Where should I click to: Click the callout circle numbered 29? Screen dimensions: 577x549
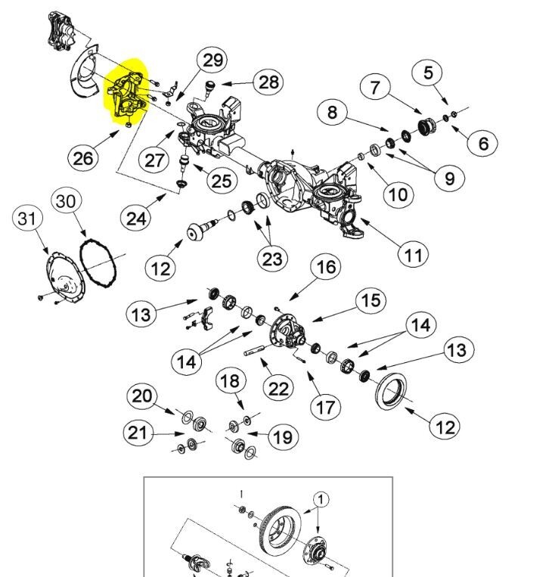(x=213, y=60)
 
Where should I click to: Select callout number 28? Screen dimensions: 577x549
(x=268, y=82)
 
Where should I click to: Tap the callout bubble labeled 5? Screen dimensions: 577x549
(x=428, y=73)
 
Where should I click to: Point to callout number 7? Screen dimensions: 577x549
(x=375, y=87)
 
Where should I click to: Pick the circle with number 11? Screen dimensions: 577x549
(x=412, y=254)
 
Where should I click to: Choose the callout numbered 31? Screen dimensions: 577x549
(x=27, y=219)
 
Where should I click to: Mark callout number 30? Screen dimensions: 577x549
(x=66, y=202)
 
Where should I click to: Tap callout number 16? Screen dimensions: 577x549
(x=324, y=267)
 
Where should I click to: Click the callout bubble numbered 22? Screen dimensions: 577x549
(x=278, y=388)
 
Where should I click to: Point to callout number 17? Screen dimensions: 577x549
(x=325, y=408)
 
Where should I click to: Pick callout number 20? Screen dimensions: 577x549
(x=142, y=396)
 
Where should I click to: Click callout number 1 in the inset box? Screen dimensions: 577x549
(x=321, y=499)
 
